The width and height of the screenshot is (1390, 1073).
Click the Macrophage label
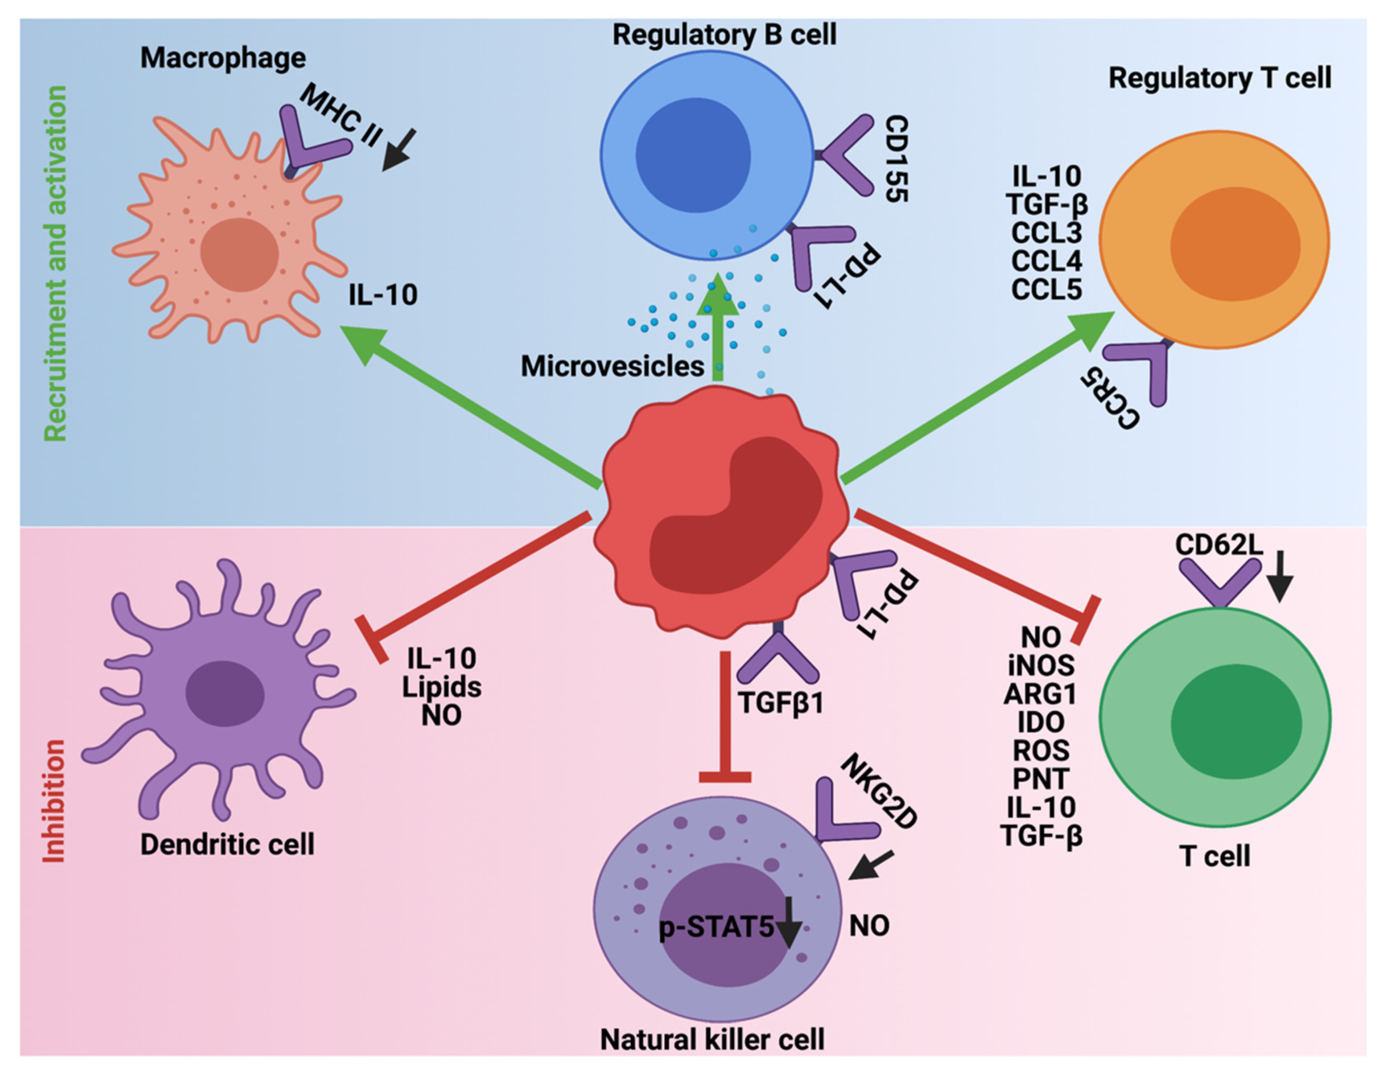point(223,59)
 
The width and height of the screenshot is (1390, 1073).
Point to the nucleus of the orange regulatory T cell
point(1235,244)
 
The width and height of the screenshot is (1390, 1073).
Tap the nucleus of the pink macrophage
point(239,254)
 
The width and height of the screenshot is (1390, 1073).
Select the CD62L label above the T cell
point(1218,545)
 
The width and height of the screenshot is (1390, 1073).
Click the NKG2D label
point(879,792)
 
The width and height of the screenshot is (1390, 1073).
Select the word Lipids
point(442,687)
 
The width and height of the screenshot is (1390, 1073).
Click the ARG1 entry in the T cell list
point(1040,694)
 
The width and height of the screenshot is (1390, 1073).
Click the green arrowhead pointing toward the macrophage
point(364,343)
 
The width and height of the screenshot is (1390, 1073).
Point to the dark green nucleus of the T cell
point(1235,722)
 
